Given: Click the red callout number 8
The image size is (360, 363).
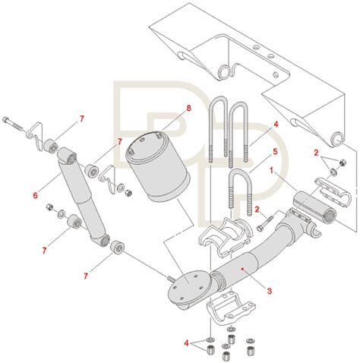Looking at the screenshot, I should point(188,109).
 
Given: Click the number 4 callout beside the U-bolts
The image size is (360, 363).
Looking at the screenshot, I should point(276,125).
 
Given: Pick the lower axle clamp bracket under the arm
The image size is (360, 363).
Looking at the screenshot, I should point(231,310).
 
